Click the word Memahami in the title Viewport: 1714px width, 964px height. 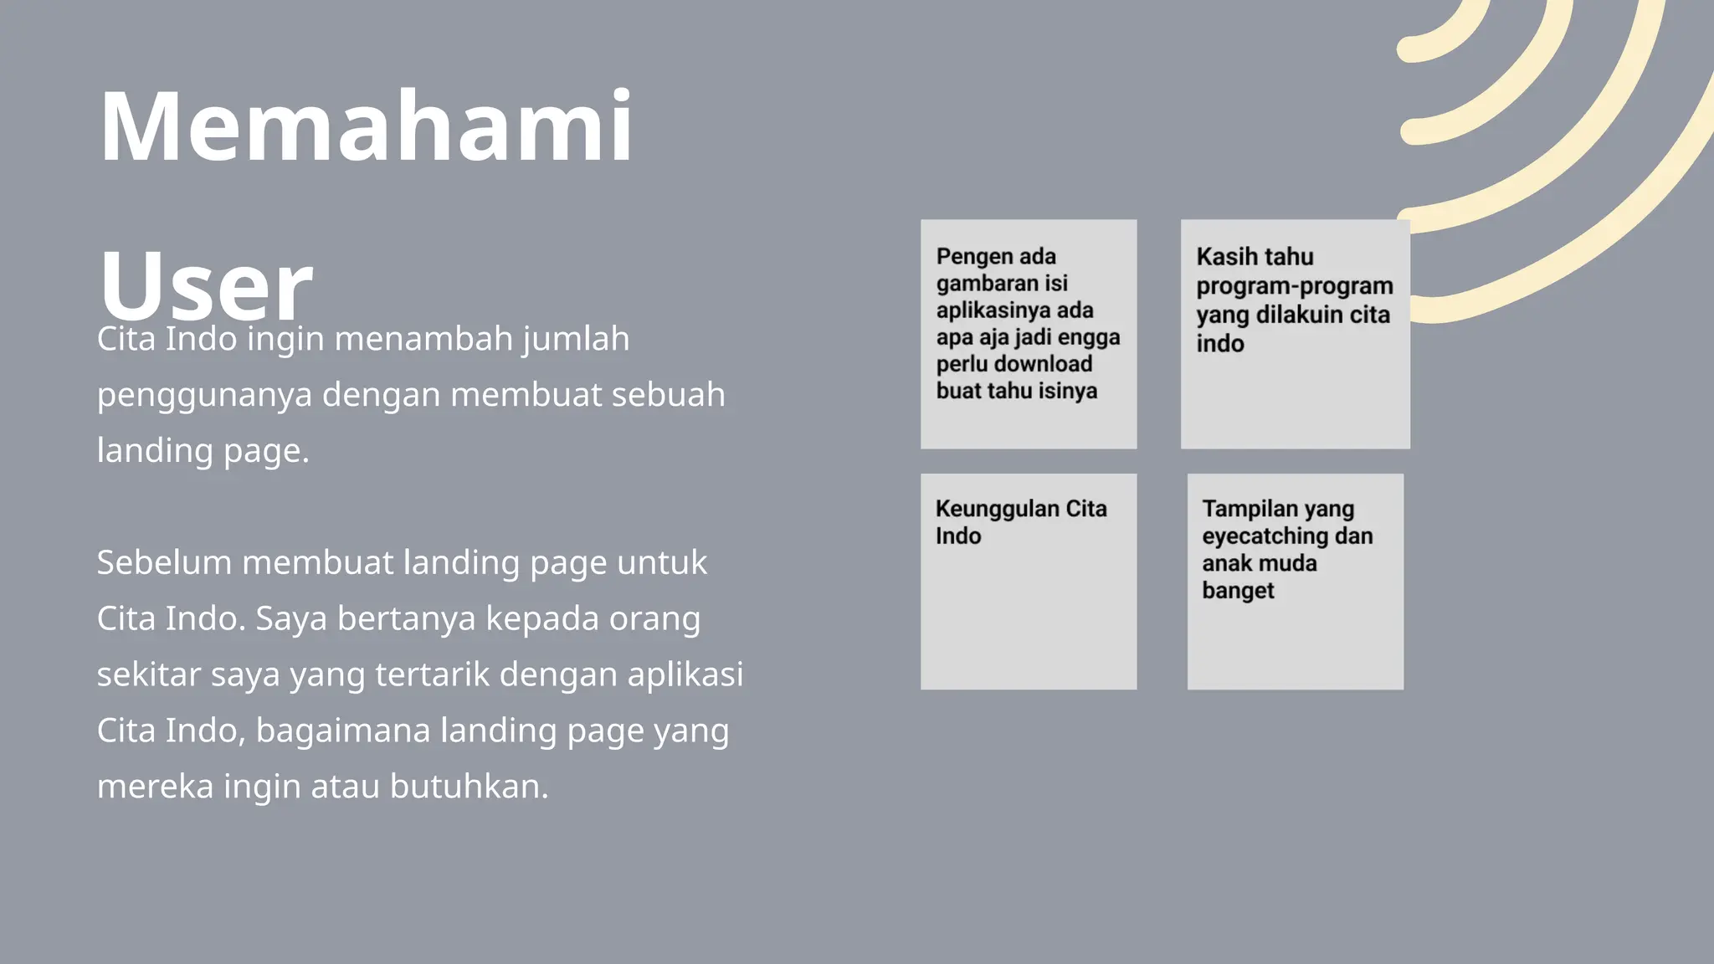[x=366, y=127]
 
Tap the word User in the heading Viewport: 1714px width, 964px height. [x=205, y=285]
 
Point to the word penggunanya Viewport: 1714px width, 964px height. [x=204, y=395]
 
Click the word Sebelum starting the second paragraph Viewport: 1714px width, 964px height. [x=163, y=562]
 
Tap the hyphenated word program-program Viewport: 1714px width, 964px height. [x=1294, y=285]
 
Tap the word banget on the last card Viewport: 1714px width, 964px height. [x=1238, y=590]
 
